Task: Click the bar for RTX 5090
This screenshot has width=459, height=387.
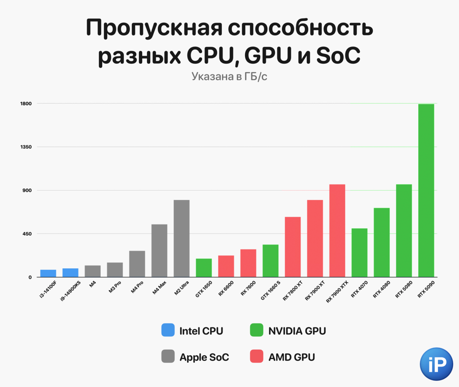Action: (x=426, y=191)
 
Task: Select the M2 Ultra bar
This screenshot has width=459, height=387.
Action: (x=181, y=239)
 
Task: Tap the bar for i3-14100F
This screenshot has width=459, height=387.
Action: (x=48, y=273)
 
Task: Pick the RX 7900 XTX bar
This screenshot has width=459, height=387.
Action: (x=337, y=230)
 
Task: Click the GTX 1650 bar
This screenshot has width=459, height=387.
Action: (x=204, y=268)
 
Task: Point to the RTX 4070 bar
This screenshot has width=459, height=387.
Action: (x=359, y=253)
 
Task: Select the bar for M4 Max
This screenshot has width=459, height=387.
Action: (x=159, y=250)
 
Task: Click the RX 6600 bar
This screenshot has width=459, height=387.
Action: (x=226, y=266)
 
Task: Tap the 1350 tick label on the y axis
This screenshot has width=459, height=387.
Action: (x=26, y=147)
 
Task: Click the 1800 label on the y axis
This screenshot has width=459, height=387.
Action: (x=26, y=104)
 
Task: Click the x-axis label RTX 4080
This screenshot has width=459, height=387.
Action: (x=382, y=290)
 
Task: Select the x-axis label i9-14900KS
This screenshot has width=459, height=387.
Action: (x=70, y=291)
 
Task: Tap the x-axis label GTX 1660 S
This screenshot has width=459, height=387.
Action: (x=271, y=290)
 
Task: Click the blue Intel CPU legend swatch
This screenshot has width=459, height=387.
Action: (x=168, y=330)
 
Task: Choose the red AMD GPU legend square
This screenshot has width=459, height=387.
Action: (x=257, y=356)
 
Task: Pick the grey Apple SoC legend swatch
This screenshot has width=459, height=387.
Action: (x=168, y=356)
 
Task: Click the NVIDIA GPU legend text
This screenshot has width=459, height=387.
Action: (x=297, y=331)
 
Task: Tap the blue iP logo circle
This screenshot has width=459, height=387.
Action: (x=436, y=364)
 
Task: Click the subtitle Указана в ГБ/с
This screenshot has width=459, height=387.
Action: (x=229, y=77)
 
